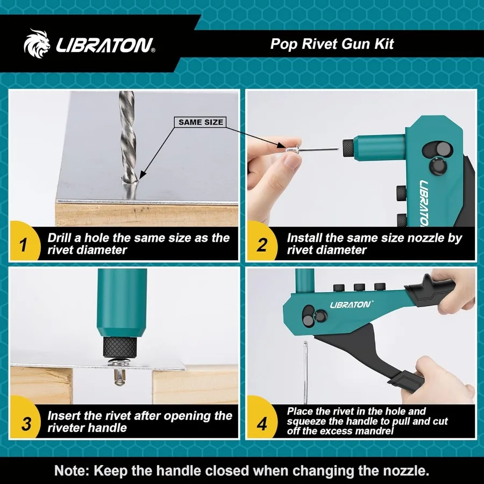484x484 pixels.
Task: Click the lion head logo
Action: (x=37, y=44)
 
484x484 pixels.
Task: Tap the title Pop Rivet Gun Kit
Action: (x=332, y=44)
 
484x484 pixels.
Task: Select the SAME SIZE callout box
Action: (x=201, y=122)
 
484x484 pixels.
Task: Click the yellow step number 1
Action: (x=24, y=245)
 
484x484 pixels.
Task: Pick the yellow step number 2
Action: (x=262, y=245)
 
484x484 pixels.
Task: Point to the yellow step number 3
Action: (x=26, y=423)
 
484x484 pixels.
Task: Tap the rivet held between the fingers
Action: (x=312, y=150)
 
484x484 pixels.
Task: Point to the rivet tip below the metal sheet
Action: (x=119, y=376)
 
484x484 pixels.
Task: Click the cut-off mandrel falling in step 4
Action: (x=305, y=372)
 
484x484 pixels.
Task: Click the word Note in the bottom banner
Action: (x=72, y=471)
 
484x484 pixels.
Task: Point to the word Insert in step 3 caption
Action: (x=63, y=416)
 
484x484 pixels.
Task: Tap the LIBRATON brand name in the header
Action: (x=105, y=45)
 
